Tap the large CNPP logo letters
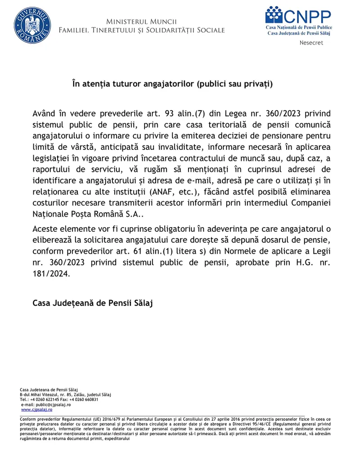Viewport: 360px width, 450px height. pos(307,17)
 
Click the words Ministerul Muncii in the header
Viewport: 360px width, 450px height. pos(141,22)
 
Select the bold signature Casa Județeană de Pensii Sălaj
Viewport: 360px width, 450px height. pos(93,303)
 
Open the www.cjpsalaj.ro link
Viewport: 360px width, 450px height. pos(37,409)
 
